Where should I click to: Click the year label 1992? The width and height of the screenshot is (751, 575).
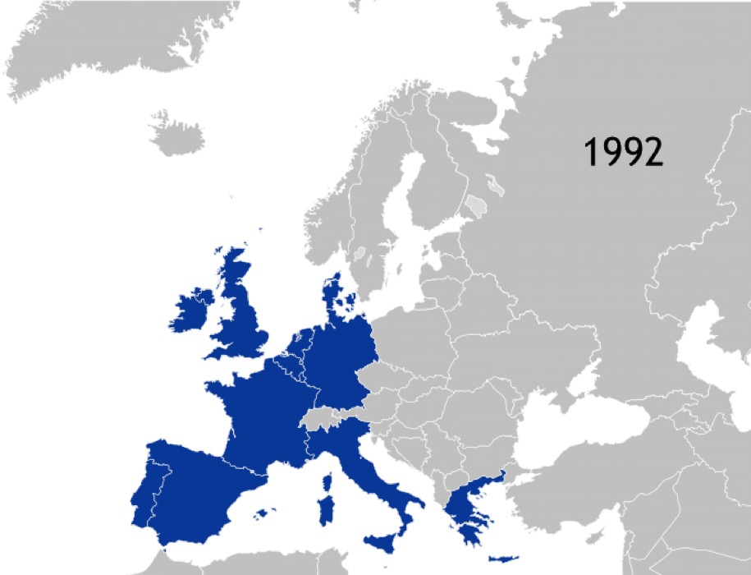[623, 152]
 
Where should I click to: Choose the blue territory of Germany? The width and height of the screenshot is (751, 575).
[341, 361]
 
